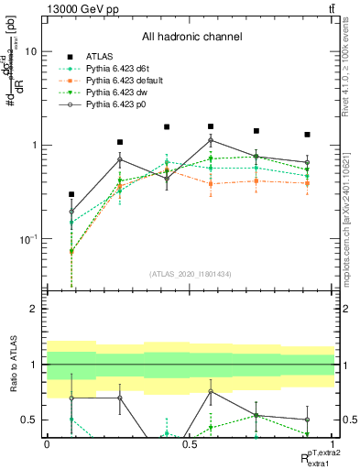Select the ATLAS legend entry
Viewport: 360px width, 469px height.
coord(101,56)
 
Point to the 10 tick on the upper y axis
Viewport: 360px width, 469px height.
coord(30,51)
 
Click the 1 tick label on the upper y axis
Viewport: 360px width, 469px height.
coord(34,145)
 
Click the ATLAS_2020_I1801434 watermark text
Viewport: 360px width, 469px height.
coord(190,274)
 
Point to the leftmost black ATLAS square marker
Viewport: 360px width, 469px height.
coord(71,194)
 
